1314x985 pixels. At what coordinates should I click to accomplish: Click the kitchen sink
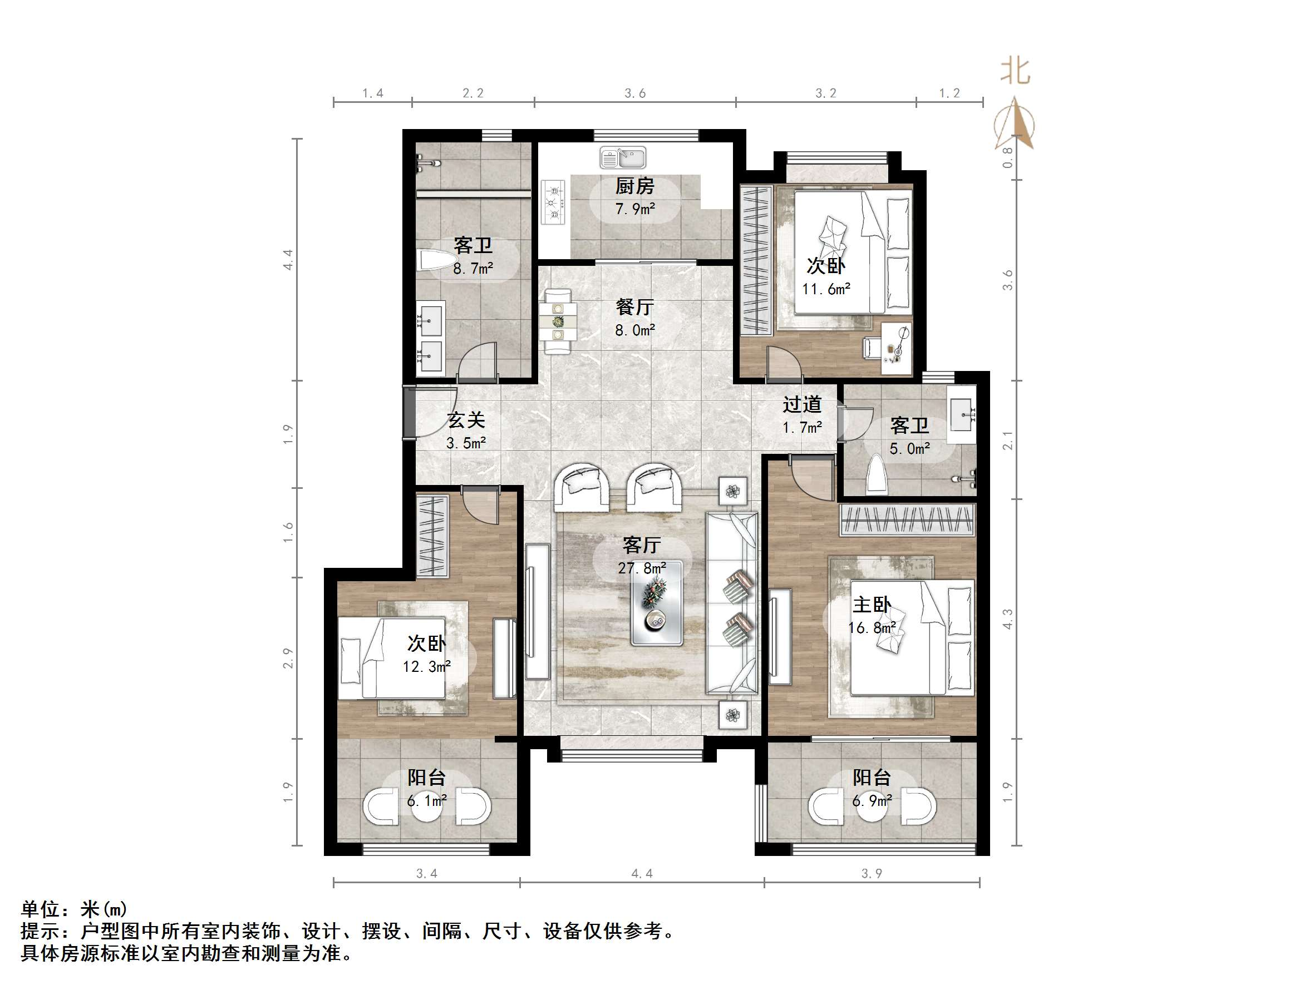[x=623, y=158]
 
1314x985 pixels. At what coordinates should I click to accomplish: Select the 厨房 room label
[x=634, y=186]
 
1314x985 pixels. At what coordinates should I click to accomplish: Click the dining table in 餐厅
[x=558, y=321]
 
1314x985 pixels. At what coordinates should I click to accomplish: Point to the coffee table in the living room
[x=656, y=602]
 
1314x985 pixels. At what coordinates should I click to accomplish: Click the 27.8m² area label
[x=642, y=568]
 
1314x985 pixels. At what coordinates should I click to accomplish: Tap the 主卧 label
[x=872, y=605]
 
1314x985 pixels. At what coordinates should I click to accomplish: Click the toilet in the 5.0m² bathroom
[x=877, y=474]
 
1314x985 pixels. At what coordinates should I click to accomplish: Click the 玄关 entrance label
[x=466, y=420]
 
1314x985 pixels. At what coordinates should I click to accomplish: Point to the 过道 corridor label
[x=802, y=404]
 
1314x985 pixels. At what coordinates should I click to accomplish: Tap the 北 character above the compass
[x=1015, y=71]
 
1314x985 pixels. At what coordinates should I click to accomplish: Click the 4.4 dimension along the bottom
[x=642, y=873]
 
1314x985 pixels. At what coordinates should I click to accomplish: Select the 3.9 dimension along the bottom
[x=872, y=873]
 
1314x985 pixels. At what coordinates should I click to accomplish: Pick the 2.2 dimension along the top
[x=473, y=93]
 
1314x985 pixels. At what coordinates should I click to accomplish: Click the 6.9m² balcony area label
[x=872, y=801]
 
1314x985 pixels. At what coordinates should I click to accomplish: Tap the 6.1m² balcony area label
[x=426, y=801]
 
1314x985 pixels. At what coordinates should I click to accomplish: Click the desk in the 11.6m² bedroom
[x=896, y=349]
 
